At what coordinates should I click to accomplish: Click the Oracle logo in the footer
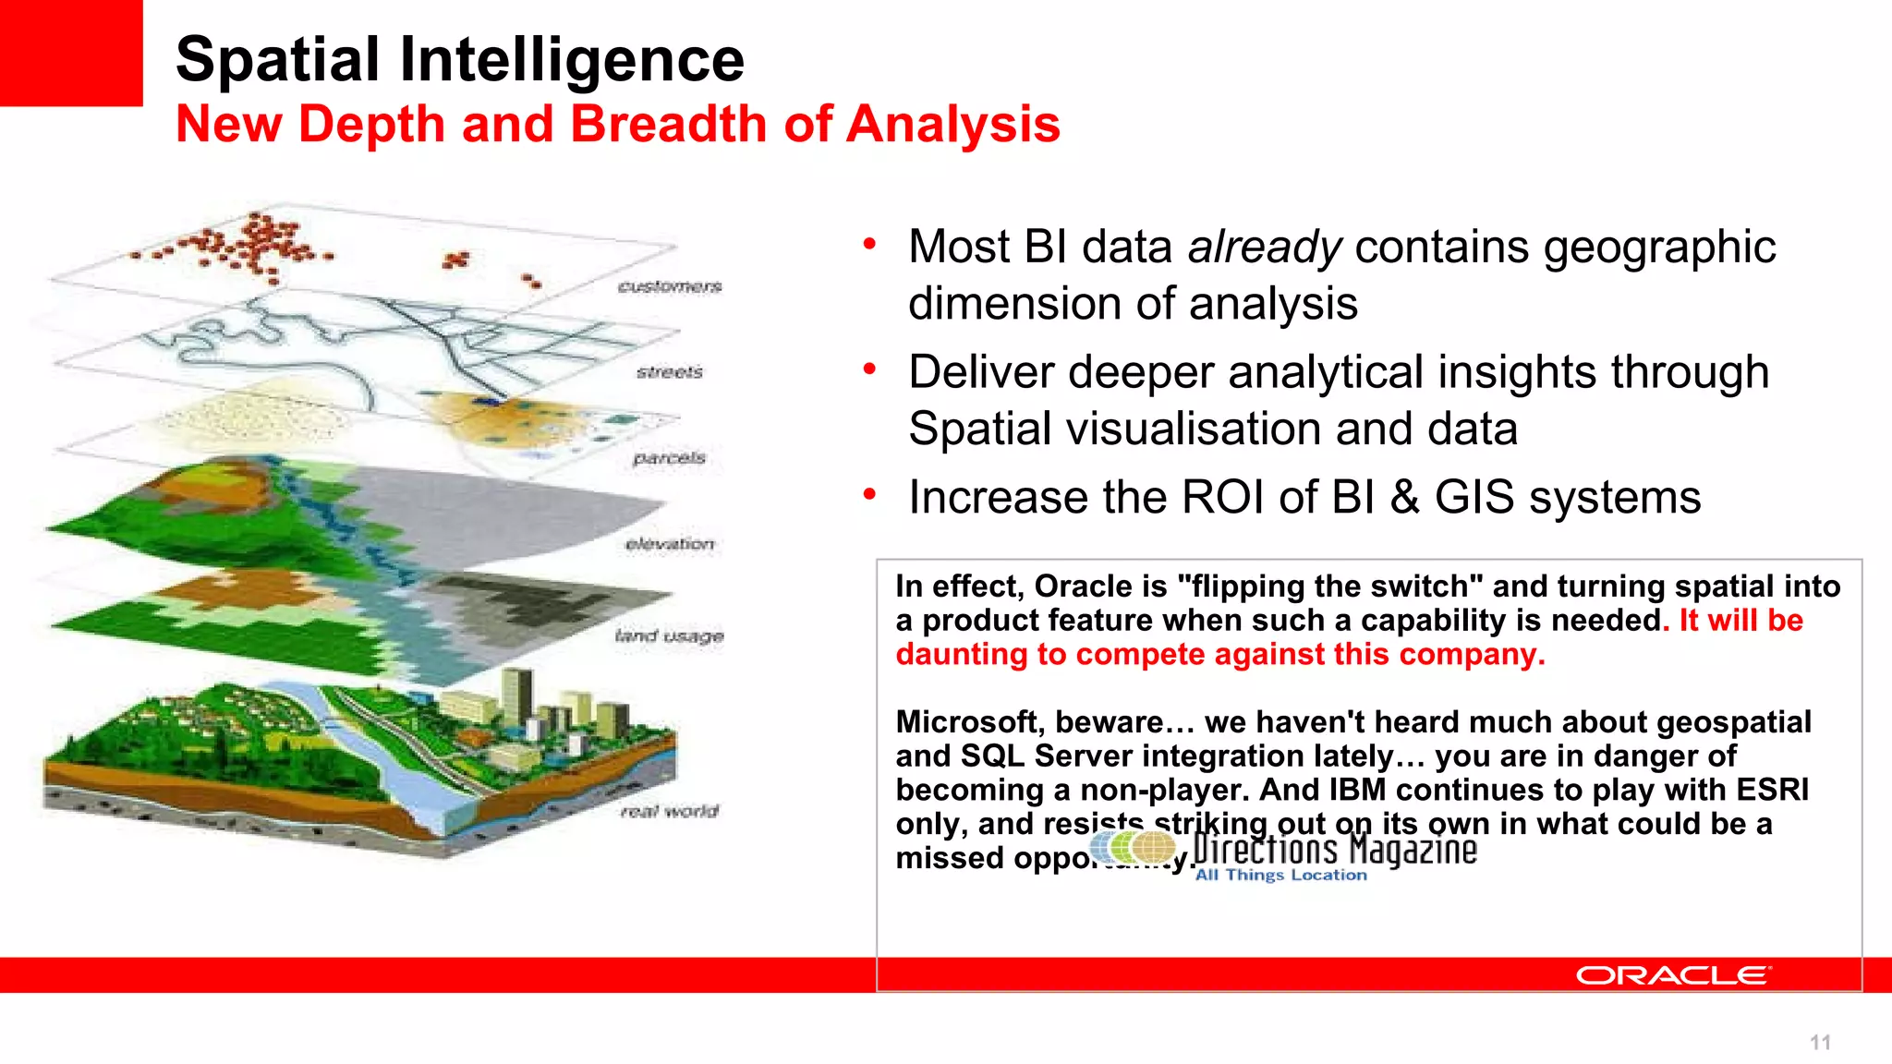tap(1672, 975)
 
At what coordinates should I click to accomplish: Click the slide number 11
tap(1820, 1043)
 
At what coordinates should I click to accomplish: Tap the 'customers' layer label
tap(670, 286)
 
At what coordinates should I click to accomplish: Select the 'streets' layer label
tap(670, 372)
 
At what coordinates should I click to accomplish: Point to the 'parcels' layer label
tap(670, 458)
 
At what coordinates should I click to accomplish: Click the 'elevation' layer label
tap(670, 544)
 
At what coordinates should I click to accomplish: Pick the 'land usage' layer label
tap(670, 635)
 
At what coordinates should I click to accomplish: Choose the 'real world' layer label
tap(670, 811)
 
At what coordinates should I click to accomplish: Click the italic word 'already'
tap(1264, 248)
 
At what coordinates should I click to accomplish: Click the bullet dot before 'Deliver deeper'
tap(869, 369)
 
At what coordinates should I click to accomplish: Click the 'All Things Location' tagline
tap(1280, 875)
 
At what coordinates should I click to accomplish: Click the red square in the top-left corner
tap(71, 53)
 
